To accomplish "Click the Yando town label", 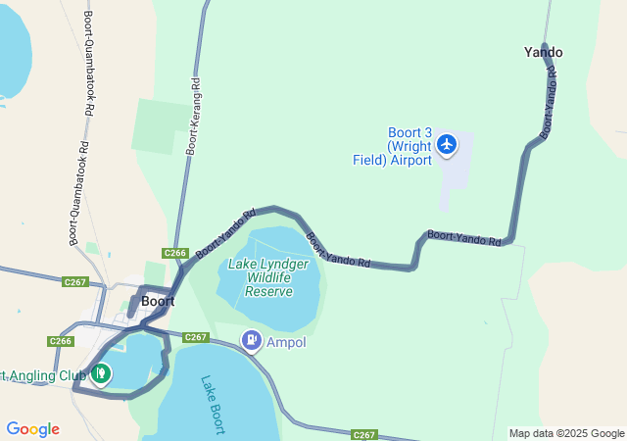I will (544, 52).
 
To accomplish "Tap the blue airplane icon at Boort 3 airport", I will (447, 145).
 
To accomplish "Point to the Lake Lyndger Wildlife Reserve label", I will (268, 277).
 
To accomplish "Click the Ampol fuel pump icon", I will (252, 341).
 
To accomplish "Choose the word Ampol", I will (286, 343).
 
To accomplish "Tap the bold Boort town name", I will (157, 301).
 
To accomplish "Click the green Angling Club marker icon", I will (101, 373).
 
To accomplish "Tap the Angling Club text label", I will (44, 374).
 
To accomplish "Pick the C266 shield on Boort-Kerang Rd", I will (175, 253).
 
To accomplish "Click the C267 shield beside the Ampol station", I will (196, 337).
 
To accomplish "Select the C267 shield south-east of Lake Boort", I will (364, 434).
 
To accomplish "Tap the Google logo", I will (32, 429).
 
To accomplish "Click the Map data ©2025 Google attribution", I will (566, 434).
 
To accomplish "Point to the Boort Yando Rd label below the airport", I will (464, 236).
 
